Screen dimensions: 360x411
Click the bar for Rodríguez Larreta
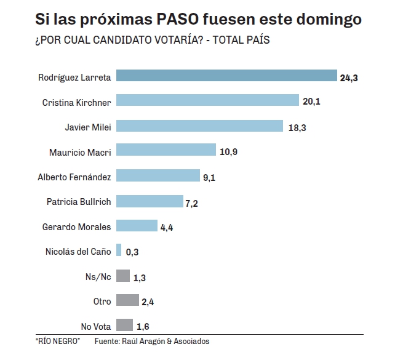tap(226, 76)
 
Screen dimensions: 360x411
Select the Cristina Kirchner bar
tap(207, 102)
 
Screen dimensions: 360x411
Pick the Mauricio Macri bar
tap(166, 151)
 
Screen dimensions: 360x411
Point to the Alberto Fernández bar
tap(158, 177)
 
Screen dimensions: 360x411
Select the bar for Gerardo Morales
tap(137, 226)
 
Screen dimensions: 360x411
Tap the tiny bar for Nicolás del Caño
tap(118, 251)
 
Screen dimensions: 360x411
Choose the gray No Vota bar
tap(124, 326)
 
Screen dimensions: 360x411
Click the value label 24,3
tap(349, 78)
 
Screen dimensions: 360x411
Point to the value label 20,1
tap(311, 102)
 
